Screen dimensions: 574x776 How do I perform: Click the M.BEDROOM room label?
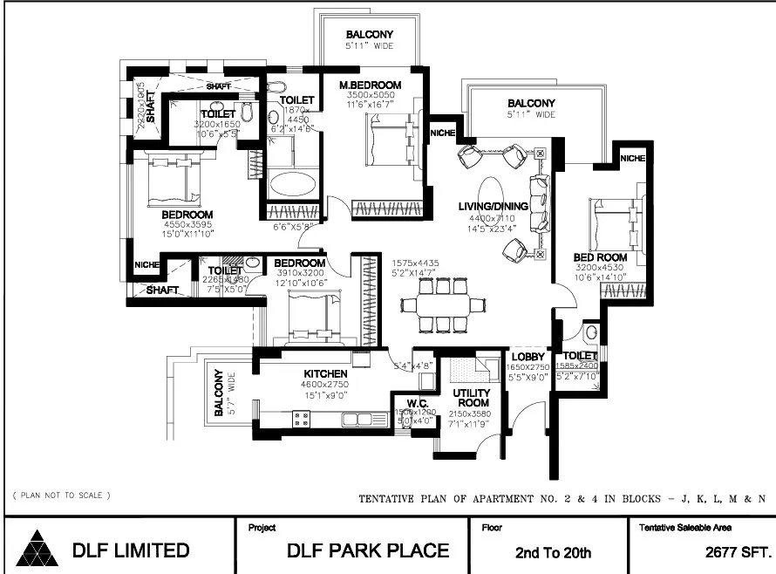(x=371, y=85)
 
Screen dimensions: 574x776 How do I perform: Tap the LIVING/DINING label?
(x=493, y=206)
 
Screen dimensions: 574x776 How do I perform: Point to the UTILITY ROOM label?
(x=469, y=398)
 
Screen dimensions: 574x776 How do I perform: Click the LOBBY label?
(x=528, y=357)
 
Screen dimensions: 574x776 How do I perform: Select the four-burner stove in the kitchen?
(x=301, y=418)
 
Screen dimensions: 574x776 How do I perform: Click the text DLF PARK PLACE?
(x=368, y=550)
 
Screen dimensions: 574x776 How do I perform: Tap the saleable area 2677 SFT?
(x=739, y=551)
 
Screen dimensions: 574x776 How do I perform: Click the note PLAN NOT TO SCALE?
(x=61, y=495)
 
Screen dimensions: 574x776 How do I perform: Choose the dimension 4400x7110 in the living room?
(x=493, y=218)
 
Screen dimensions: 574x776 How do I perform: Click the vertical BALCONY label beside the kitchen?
(x=219, y=392)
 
